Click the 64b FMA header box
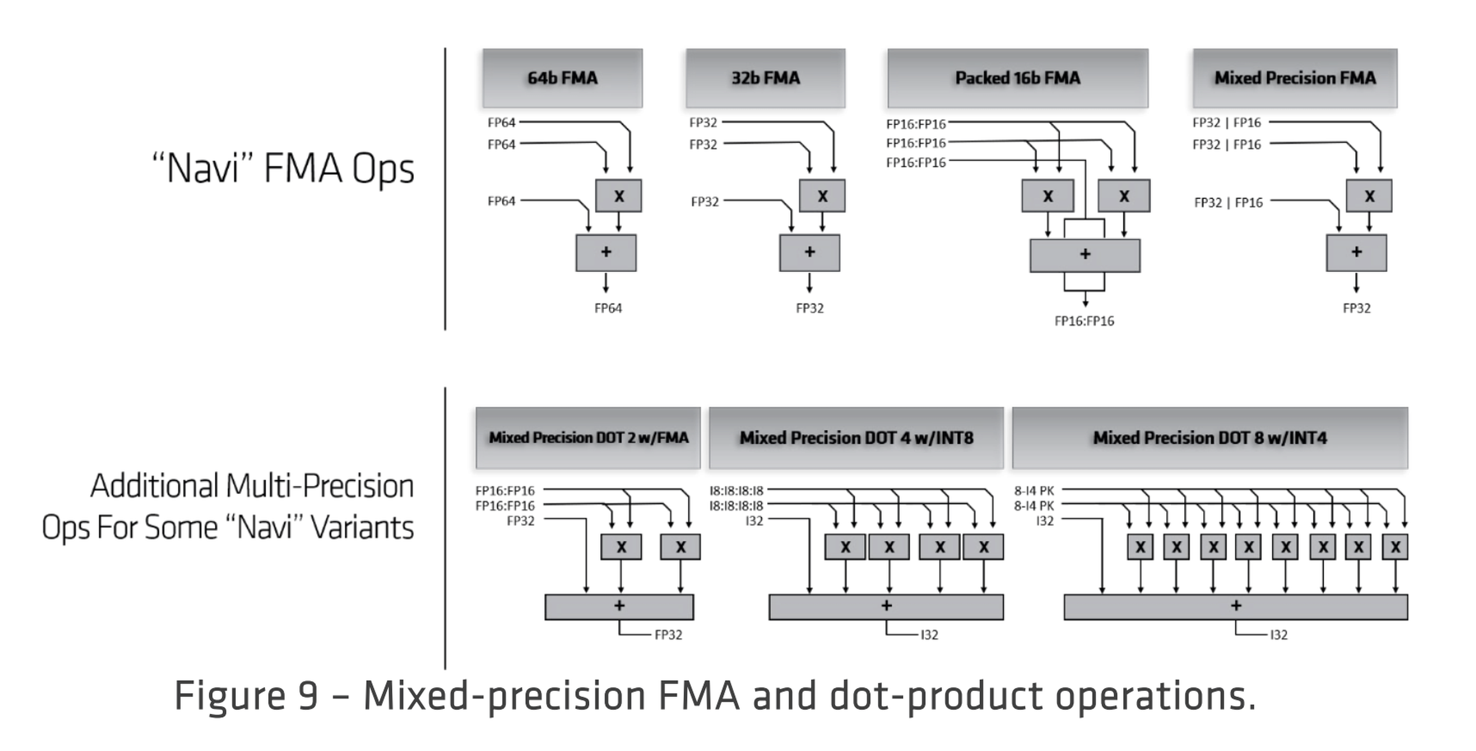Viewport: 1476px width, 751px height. (x=562, y=78)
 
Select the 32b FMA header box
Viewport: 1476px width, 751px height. (x=765, y=78)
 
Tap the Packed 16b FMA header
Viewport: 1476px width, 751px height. (x=1017, y=78)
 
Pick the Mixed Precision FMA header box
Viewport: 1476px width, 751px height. (x=1295, y=78)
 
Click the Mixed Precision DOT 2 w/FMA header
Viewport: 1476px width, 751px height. (x=588, y=438)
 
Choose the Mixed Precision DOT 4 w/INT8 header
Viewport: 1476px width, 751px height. (x=856, y=438)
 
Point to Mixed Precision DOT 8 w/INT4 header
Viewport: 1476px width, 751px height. (x=1210, y=438)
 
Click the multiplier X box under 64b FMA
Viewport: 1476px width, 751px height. (x=619, y=196)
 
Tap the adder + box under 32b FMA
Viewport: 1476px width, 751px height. (x=810, y=253)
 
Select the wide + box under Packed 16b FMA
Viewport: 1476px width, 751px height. (x=1085, y=255)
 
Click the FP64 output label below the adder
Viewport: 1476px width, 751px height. (x=608, y=308)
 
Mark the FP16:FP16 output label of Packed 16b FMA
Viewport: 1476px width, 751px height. (x=1084, y=321)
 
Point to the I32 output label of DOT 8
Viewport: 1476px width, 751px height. (x=1279, y=635)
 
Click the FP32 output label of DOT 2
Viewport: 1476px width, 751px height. (x=668, y=635)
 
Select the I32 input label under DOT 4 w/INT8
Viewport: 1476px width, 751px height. (x=754, y=521)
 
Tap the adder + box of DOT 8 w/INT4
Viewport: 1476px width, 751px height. (x=1235, y=607)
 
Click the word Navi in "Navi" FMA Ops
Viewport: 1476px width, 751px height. (x=203, y=169)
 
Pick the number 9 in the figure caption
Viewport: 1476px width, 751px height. (x=308, y=696)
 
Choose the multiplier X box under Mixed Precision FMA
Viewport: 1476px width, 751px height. (x=1369, y=196)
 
